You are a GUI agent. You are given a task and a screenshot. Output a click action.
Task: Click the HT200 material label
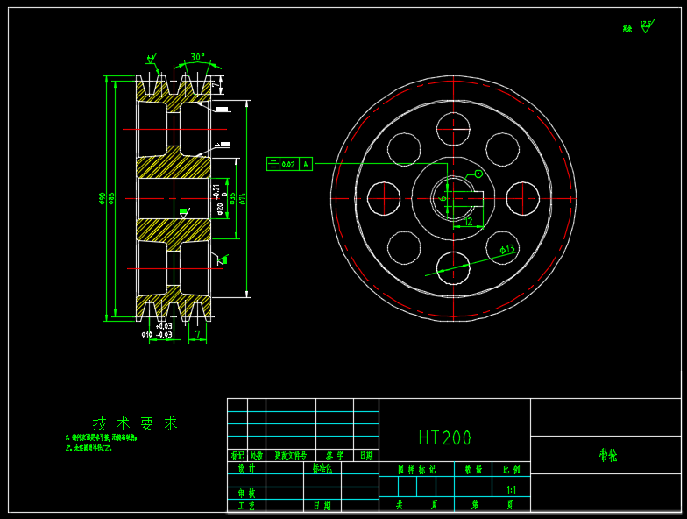(x=445, y=437)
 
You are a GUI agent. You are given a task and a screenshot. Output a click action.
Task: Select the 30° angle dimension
(x=197, y=57)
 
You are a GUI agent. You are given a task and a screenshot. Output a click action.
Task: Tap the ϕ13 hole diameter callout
(x=507, y=250)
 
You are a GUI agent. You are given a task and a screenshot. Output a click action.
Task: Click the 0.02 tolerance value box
(x=288, y=164)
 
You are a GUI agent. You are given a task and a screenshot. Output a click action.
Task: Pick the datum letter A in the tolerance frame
(x=306, y=164)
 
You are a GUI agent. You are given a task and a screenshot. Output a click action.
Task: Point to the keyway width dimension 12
(x=469, y=222)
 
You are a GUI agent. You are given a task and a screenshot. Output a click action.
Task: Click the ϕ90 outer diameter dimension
(x=103, y=199)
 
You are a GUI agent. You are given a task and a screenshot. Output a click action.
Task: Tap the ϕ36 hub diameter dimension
(x=232, y=199)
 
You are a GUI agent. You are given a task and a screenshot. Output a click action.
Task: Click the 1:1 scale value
(x=511, y=489)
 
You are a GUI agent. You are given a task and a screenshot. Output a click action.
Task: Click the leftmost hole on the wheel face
(x=384, y=198)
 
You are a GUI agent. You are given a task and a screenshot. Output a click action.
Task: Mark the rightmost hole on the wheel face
(x=522, y=198)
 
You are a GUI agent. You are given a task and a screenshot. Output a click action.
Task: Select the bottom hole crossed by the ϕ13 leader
(x=453, y=267)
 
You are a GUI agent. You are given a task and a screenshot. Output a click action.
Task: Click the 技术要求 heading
(x=135, y=423)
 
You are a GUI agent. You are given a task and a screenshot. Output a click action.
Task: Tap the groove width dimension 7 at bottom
(x=198, y=334)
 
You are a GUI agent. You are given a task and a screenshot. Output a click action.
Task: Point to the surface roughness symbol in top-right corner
(x=646, y=26)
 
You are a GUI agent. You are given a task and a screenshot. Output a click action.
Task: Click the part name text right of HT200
(x=607, y=456)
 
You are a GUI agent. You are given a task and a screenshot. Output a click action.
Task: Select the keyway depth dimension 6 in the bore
(x=443, y=197)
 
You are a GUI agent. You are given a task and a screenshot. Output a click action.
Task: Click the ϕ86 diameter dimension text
(x=111, y=199)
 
